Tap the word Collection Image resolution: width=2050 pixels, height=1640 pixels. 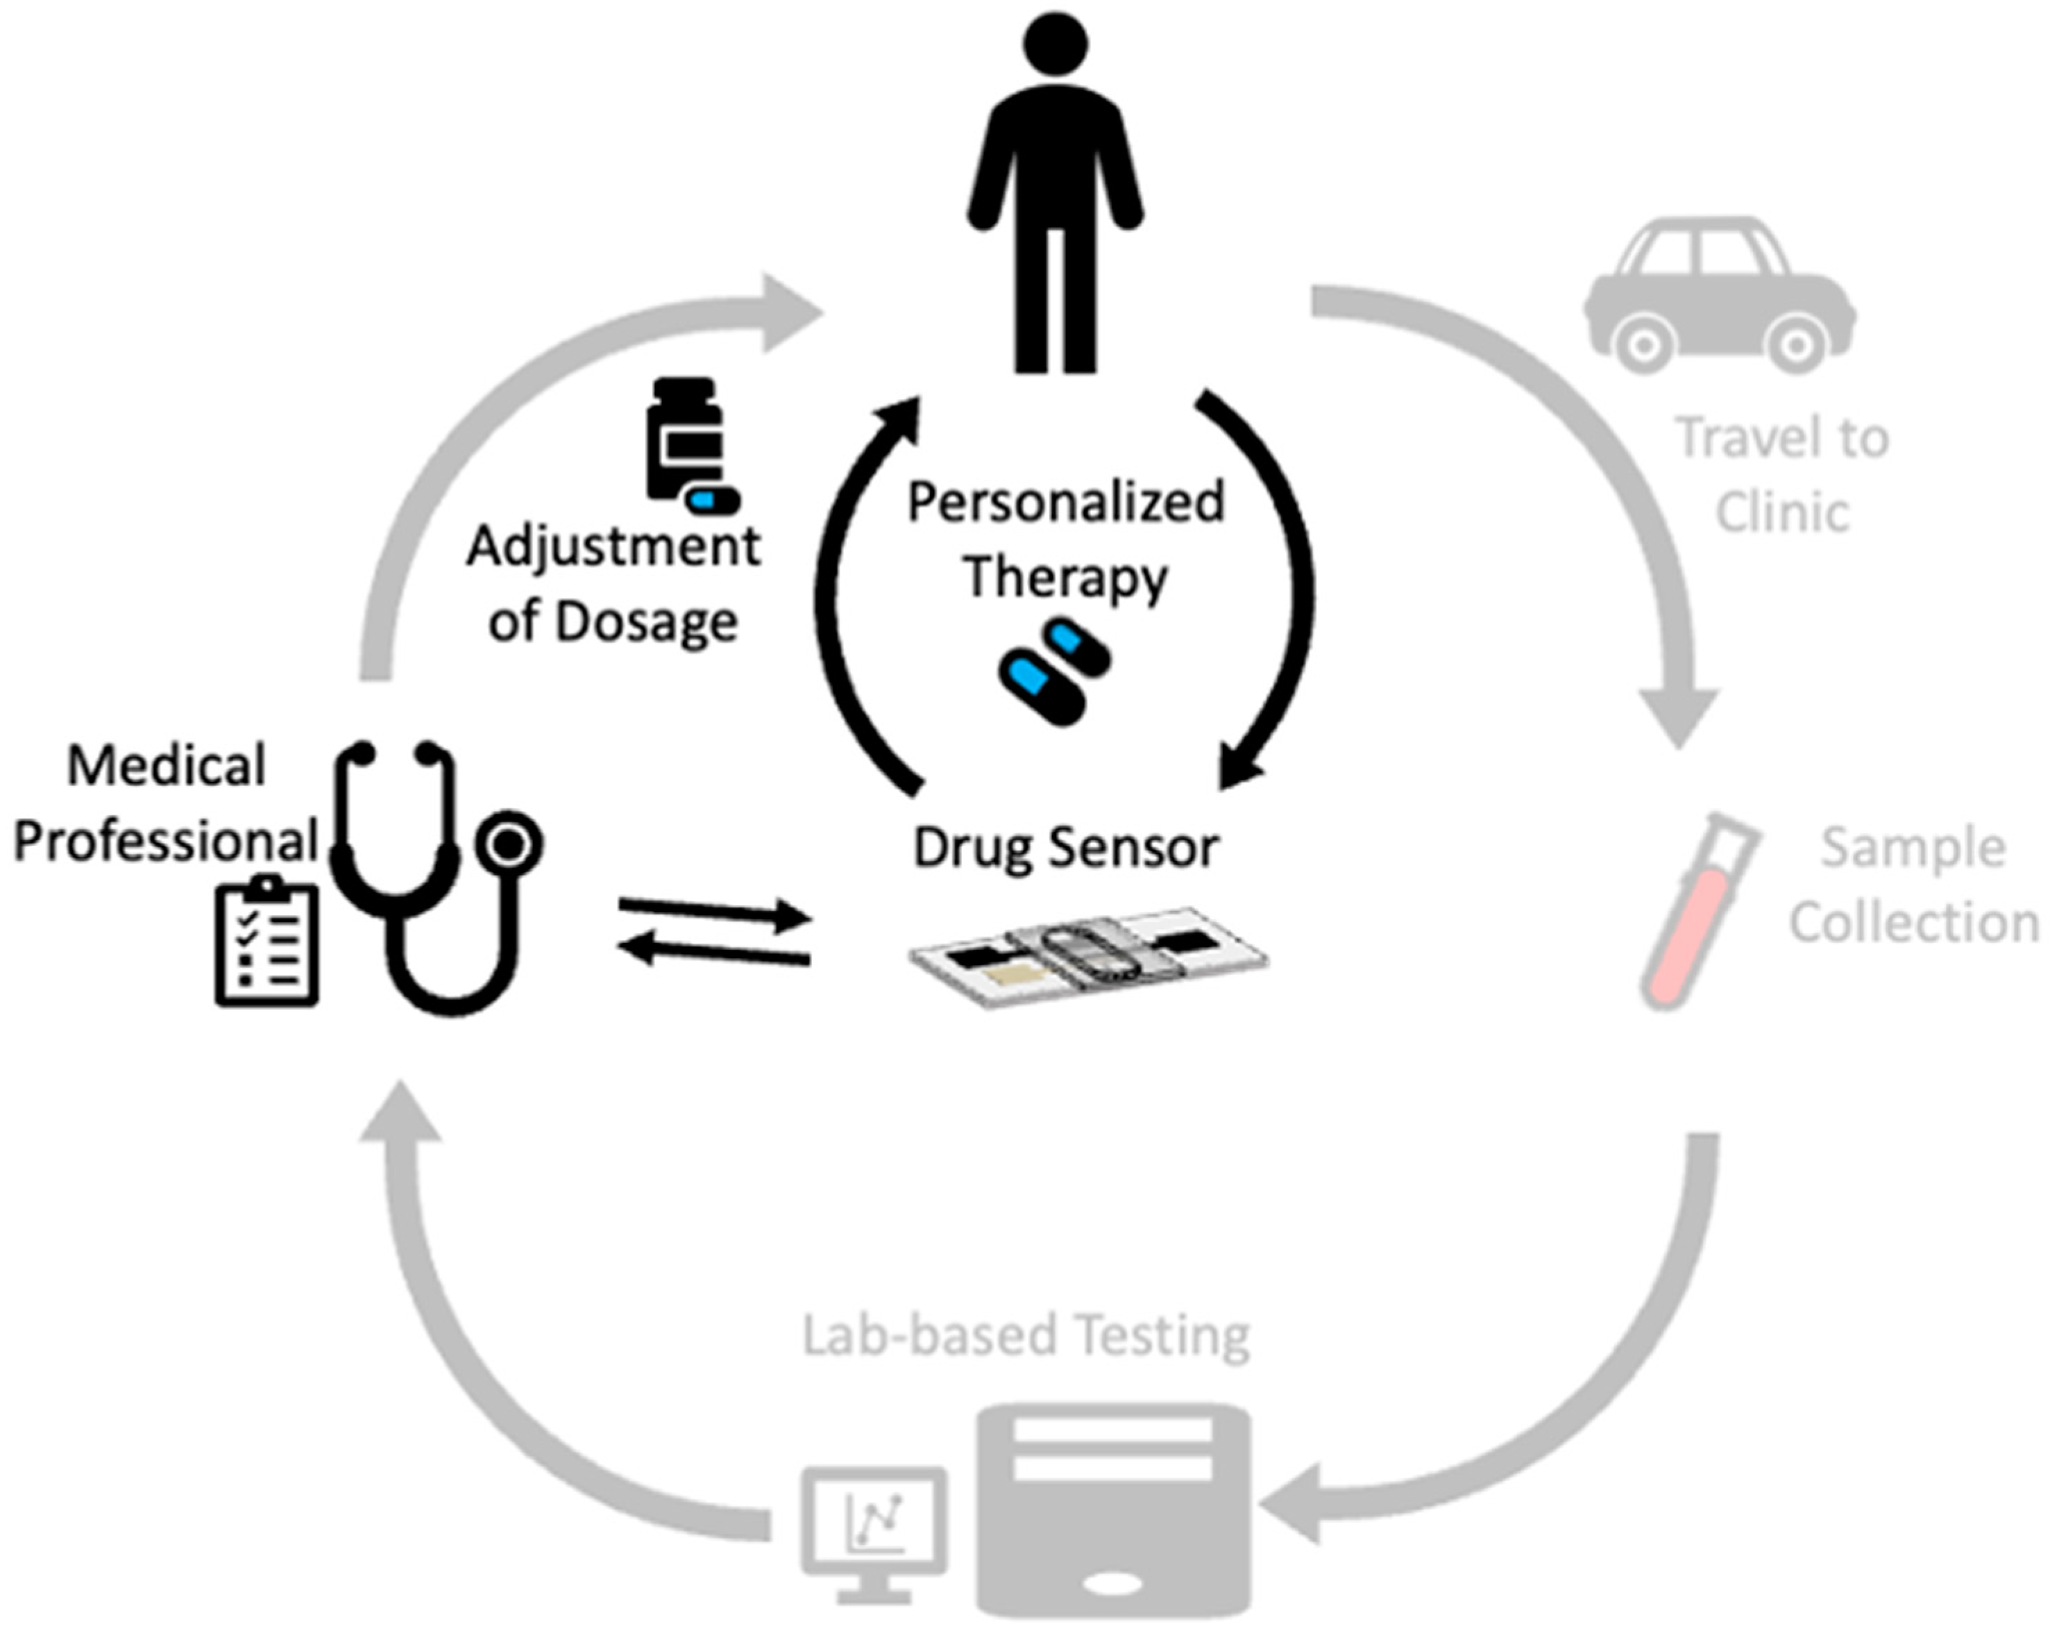1913,923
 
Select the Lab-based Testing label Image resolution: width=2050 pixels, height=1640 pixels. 1025,1336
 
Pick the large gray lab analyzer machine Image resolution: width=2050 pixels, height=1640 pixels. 1112,1508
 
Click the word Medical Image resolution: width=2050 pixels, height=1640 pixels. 167,767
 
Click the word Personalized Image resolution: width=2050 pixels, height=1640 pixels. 1065,503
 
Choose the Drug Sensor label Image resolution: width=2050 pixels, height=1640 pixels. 1065,848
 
